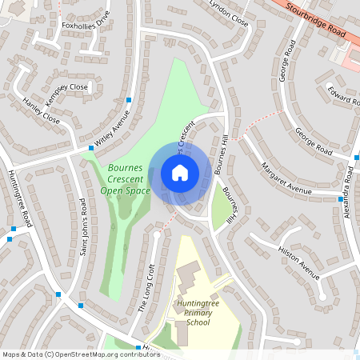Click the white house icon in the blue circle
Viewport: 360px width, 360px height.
(180, 172)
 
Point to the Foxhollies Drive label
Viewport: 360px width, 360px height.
(86, 25)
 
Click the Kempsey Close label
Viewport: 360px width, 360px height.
(68, 86)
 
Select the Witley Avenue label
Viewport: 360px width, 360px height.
(111, 129)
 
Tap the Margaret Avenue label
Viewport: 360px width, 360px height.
(286, 179)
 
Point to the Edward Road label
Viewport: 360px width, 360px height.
(342, 95)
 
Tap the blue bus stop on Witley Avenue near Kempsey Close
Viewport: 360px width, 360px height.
(128, 100)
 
